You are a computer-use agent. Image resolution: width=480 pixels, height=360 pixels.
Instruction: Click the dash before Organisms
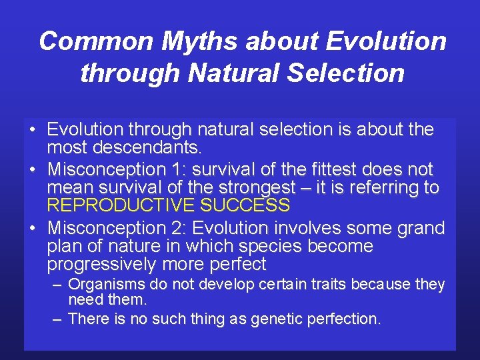point(58,285)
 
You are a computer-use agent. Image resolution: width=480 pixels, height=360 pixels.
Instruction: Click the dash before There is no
point(58,319)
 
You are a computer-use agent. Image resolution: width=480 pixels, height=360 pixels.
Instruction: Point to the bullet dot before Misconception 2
point(32,228)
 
